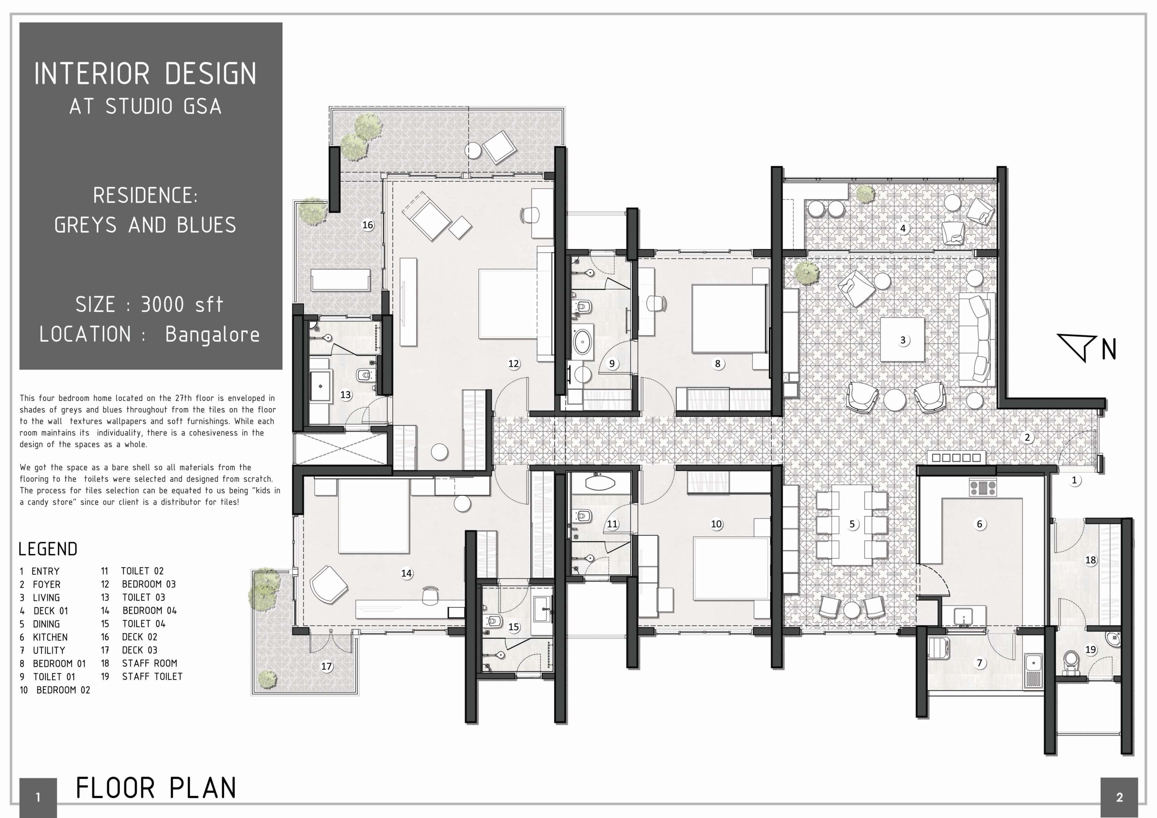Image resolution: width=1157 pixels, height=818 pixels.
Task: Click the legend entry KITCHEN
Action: [50, 637]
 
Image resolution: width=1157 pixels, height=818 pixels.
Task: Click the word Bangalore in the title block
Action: [212, 335]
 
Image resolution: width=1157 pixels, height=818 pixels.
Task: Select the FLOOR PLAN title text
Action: [156, 788]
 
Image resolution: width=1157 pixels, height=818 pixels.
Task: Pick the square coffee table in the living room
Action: [902, 339]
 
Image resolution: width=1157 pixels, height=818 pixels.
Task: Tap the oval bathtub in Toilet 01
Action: [582, 343]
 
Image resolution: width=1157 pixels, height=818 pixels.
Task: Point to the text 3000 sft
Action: [181, 304]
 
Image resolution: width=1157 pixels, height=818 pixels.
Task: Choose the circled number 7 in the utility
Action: [980, 663]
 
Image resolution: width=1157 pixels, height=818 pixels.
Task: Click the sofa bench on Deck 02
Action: [341, 280]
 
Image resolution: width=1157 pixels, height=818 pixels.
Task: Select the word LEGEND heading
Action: [48, 549]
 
